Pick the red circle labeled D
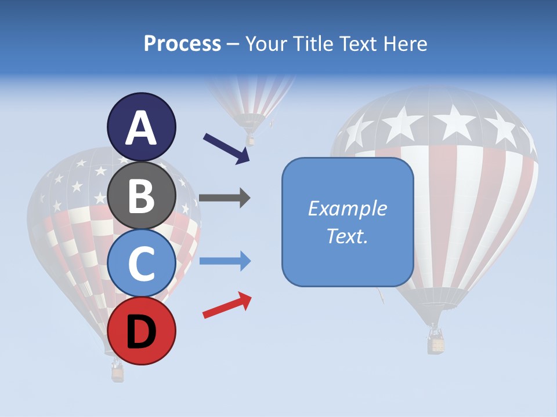point(141,331)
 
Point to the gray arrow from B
point(224,198)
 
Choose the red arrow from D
point(227,306)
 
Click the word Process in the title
point(182,43)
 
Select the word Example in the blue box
point(348,209)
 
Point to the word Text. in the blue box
point(348,236)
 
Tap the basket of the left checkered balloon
point(118,373)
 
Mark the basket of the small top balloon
point(251,140)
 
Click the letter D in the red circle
point(141,332)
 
